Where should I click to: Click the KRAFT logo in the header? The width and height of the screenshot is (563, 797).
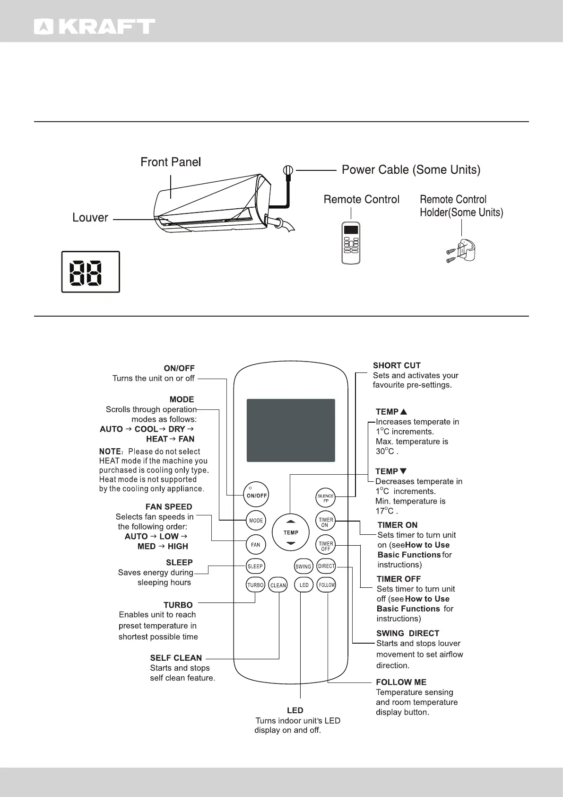(x=95, y=27)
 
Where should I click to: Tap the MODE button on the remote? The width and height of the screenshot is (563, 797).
(x=256, y=521)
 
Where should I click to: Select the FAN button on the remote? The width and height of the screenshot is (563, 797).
(x=256, y=545)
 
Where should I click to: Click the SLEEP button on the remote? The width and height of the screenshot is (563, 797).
(x=255, y=566)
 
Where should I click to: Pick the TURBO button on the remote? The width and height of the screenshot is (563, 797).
(x=255, y=585)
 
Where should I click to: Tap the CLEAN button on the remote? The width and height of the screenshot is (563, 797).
(x=278, y=585)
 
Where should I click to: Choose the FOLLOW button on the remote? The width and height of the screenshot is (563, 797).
(x=327, y=585)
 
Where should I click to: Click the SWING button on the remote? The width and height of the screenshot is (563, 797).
(x=303, y=567)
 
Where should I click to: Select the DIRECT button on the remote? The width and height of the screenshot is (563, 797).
(x=326, y=566)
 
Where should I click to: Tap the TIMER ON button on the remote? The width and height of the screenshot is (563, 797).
(x=326, y=522)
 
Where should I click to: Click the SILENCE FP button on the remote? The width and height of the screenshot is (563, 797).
(x=326, y=498)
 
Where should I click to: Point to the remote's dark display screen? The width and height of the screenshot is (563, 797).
(x=291, y=430)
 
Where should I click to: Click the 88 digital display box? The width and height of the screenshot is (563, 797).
(x=90, y=272)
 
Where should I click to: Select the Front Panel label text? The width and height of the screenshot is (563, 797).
(x=171, y=162)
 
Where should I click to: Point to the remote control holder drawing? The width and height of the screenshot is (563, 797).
(x=462, y=250)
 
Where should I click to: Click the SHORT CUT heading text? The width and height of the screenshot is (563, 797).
(x=397, y=365)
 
